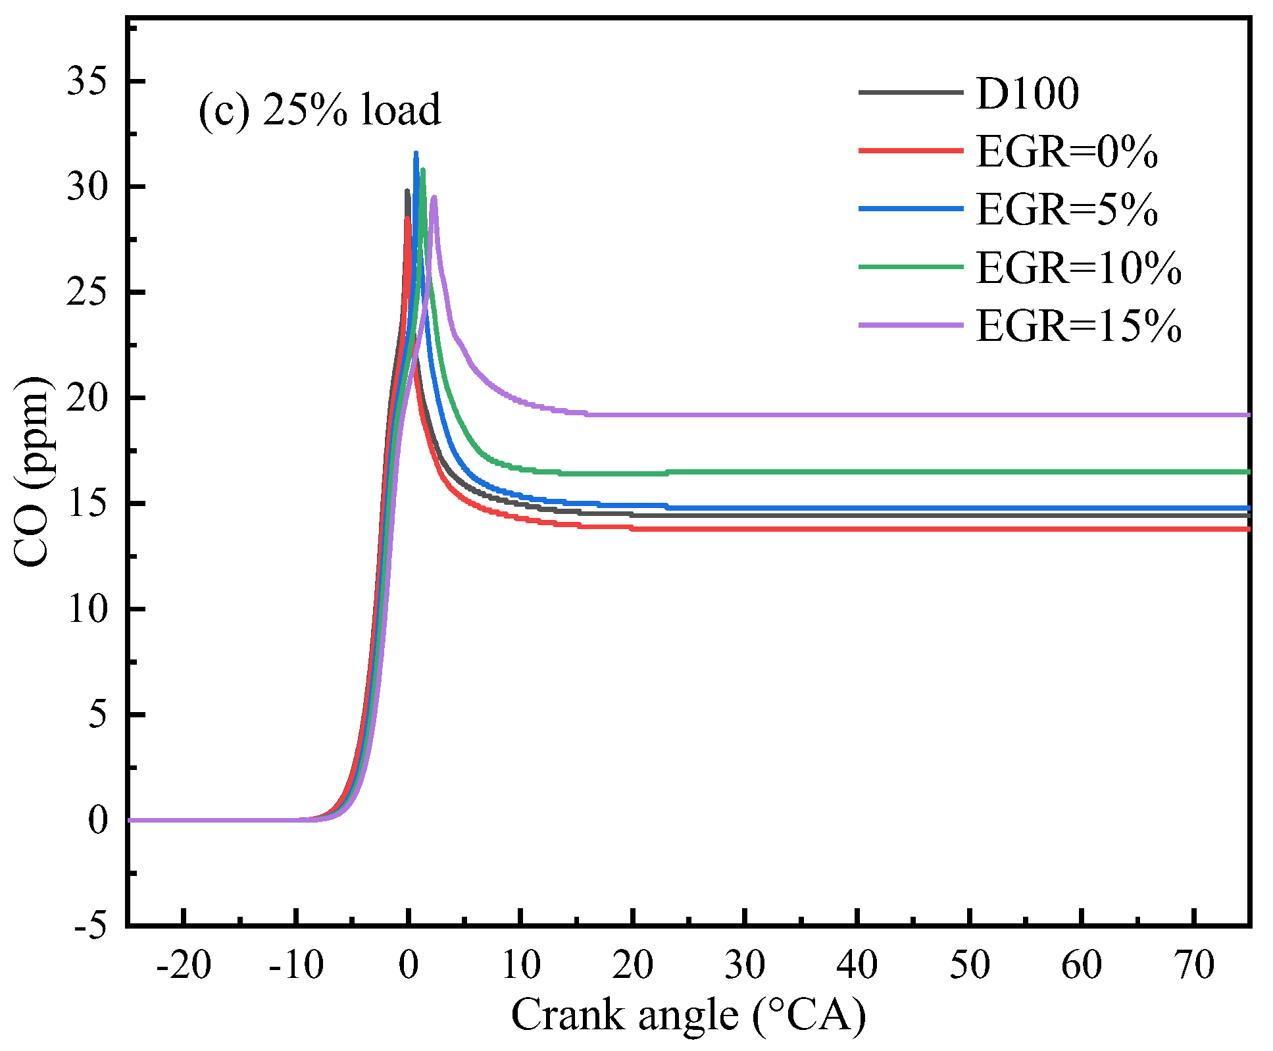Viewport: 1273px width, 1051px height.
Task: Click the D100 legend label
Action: coord(1027,93)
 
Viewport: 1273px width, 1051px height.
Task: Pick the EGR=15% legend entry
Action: coord(1078,325)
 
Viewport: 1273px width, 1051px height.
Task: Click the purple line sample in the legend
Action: coord(911,325)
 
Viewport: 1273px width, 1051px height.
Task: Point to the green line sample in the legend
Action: coord(911,267)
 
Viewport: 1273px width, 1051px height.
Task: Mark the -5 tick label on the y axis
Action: coord(90,926)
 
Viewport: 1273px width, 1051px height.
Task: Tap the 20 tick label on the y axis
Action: coord(87,398)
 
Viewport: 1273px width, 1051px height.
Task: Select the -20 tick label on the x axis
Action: coord(184,965)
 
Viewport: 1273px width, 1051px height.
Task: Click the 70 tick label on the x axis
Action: coord(1194,965)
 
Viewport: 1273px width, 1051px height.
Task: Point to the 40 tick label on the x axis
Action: coord(857,965)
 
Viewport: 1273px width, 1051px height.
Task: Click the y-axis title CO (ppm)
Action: coord(32,471)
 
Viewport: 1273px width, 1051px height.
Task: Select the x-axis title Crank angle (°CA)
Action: coord(688,1015)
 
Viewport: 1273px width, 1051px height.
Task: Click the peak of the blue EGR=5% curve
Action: coord(416,154)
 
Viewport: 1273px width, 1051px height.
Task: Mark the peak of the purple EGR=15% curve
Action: coord(434,197)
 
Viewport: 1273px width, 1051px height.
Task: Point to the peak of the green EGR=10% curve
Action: coord(422,170)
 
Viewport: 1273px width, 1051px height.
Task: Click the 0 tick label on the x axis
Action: coord(409,965)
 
